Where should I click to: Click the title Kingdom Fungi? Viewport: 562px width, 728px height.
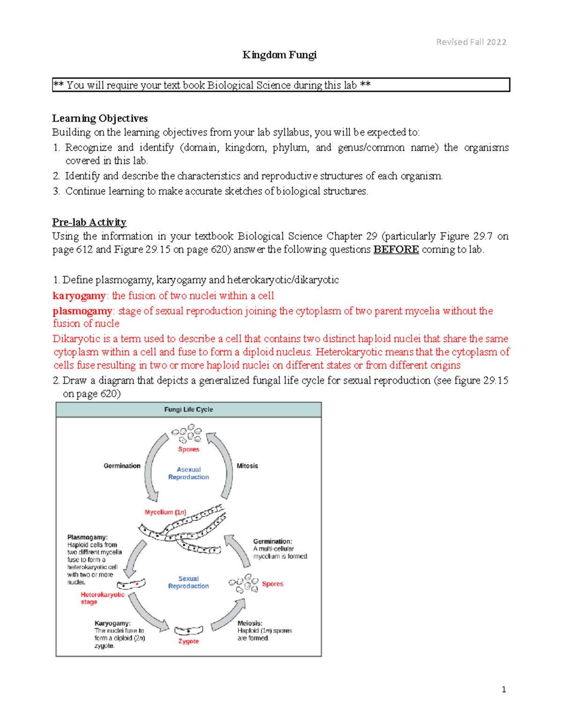279,55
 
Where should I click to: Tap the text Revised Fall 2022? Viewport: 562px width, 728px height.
471,42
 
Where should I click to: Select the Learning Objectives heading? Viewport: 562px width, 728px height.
100,118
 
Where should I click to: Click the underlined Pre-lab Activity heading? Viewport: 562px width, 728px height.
89,222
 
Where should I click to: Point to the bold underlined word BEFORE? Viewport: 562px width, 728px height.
396,249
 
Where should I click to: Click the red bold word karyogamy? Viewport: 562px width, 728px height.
79,296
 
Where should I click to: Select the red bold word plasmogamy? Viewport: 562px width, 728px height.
82,311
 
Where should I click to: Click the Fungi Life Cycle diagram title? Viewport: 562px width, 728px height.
188,409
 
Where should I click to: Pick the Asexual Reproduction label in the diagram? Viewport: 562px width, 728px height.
189,473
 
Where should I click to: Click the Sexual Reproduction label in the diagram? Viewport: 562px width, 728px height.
188,582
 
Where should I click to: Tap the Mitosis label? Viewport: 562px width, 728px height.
247,465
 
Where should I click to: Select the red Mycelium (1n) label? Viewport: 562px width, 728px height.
165,512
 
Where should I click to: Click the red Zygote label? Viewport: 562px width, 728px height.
188,641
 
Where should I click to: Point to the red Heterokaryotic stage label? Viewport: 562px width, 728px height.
102,598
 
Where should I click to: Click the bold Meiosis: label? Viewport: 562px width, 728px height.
250,623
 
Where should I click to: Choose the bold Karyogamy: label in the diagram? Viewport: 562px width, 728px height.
112,623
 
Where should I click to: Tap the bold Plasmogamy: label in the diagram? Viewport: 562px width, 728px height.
87,537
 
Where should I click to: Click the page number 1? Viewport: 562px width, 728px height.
503,689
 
